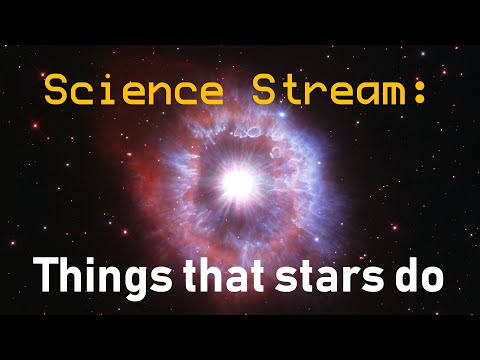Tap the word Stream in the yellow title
pos(322,92)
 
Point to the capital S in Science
pos(57,92)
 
